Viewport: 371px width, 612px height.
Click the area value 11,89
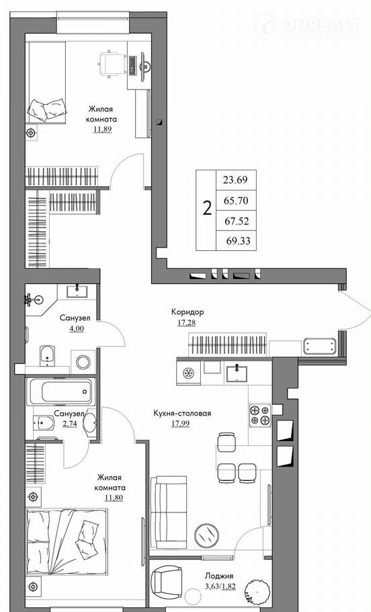coord(103,129)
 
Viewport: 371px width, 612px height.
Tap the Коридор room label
coord(188,312)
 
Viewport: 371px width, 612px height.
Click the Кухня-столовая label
coord(182,414)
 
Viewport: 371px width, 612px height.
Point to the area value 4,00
coord(77,328)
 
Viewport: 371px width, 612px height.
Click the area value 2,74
coord(70,423)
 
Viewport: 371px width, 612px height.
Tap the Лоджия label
coord(219,576)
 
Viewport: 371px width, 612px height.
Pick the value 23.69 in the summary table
coord(235,180)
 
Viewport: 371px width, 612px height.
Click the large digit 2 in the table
coord(207,208)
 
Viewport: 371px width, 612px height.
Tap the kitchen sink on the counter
coord(237,372)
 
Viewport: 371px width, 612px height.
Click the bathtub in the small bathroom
coord(61,391)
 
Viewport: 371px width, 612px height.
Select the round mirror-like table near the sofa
coord(207,533)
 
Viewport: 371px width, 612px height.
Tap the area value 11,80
coord(114,497)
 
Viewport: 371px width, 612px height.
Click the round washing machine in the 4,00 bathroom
coord(83,362)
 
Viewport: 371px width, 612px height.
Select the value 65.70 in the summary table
coord(236,201)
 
